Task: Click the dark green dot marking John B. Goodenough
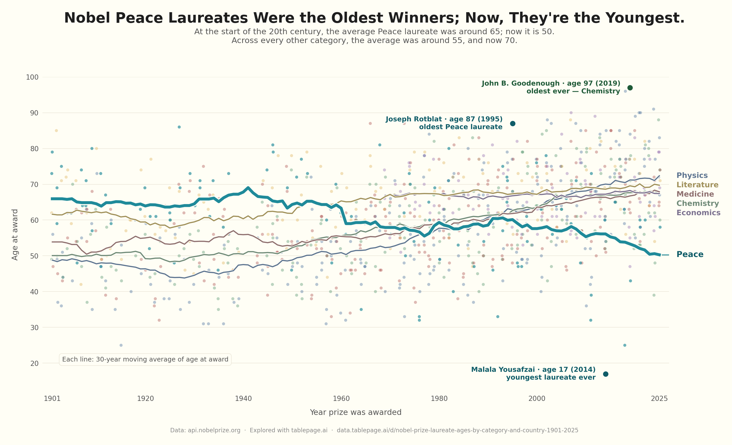tap(630, 88)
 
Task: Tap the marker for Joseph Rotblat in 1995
tap(512, 123)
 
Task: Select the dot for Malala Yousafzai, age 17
tap(605, 374)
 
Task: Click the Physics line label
tap(692, 176)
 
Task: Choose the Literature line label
tap(697, 185)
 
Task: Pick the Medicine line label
tap(695, 194)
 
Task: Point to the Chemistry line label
tap(698, 204)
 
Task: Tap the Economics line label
tap(698, 213)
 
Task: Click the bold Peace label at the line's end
tap(690, 254)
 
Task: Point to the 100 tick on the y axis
tap(32, 77)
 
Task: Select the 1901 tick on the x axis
tap(52, 399)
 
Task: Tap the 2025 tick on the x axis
tap(659, 399)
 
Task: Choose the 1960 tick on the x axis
tap(341, 399)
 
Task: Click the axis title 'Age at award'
tap(15, 234)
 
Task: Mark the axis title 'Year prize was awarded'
tap(355, 412)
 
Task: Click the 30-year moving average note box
tap(145, 359)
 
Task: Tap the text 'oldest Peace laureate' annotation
tap(461, 127)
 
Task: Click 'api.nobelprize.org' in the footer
tap(214, 430)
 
